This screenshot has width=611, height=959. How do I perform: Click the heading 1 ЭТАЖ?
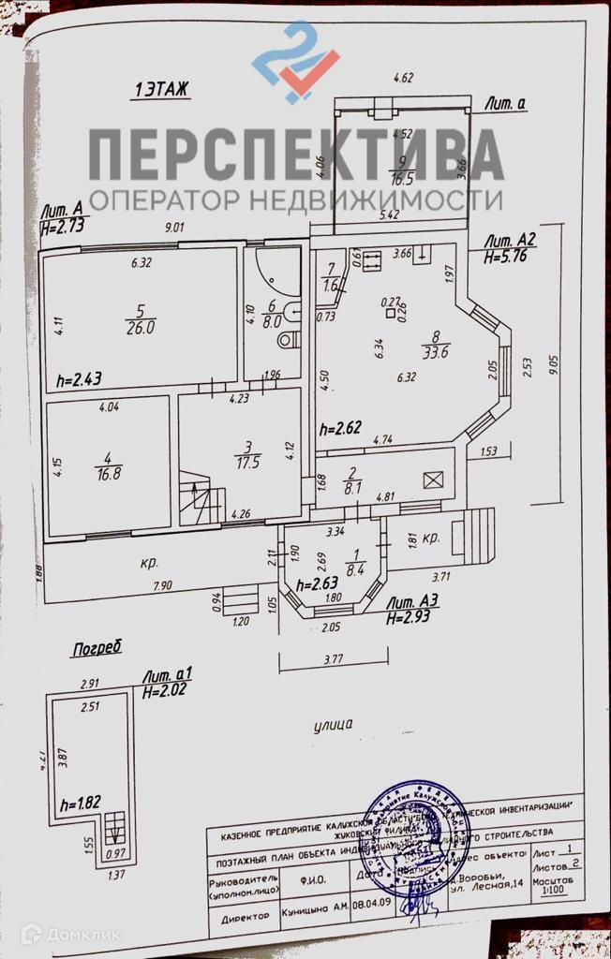click(163, 90)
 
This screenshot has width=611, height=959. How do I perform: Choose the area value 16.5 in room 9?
click(402, 176)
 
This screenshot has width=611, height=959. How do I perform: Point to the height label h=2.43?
click(80, 378)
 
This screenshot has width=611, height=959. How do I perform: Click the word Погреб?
click(98, 647)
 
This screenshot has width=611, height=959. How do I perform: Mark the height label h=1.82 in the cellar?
click(80, 804)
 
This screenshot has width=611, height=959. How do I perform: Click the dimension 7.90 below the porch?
click(164, 586)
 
